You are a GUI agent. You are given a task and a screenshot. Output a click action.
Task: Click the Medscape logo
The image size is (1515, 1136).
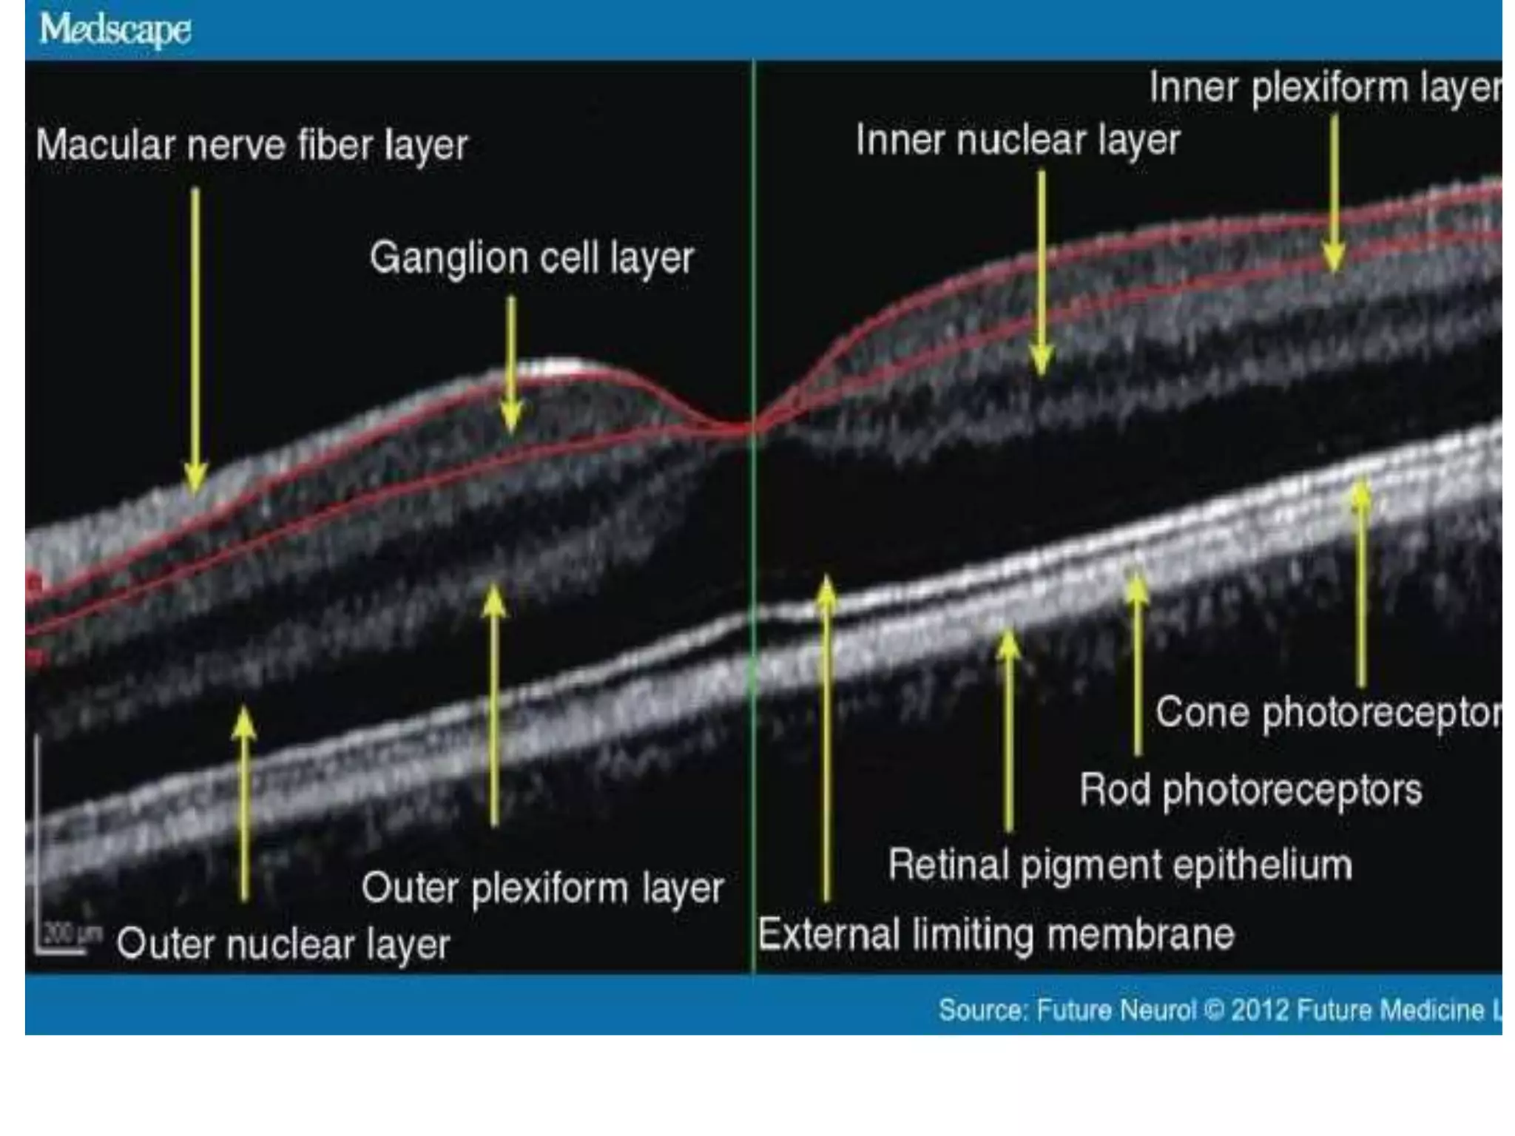(115, 30)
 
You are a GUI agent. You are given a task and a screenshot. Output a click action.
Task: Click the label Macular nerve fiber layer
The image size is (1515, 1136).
(252, 145)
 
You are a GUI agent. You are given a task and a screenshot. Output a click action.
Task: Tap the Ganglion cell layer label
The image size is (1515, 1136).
(532, 258)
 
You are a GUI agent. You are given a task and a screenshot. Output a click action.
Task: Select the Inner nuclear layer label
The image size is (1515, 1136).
(1017, 140)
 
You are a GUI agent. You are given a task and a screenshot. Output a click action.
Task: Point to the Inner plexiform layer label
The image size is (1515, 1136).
(1324, 88)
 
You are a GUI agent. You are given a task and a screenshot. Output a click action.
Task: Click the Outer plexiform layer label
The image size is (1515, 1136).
(542, 887)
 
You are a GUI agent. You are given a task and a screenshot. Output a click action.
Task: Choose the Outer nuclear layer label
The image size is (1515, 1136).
(283, 944)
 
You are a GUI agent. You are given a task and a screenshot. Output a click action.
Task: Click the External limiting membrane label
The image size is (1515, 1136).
(996, 934)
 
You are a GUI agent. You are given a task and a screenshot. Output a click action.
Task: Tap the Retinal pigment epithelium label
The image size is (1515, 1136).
(1120, 865)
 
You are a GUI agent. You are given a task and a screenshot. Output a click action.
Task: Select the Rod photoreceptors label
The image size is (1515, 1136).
(1250, 790)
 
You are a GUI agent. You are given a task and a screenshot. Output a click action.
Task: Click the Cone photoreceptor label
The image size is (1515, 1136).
(1328, 713)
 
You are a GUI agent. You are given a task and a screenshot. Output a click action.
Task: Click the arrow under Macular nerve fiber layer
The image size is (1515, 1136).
(195, 340)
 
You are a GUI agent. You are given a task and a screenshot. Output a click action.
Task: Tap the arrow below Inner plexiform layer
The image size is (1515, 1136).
(1334, 192)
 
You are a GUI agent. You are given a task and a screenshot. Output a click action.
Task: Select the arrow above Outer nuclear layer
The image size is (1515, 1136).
(244, 802)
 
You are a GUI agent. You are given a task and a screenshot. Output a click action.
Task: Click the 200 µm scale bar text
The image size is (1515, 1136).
(71, 933)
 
